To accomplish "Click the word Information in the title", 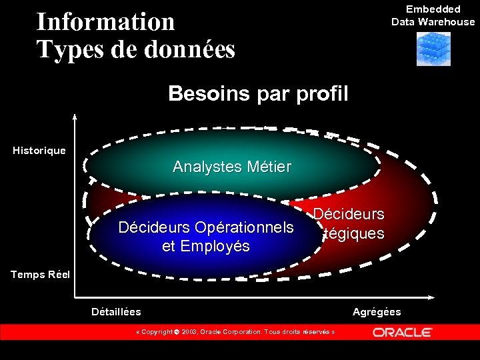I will pos(105,21).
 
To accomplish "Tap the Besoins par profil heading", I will pos(258,93).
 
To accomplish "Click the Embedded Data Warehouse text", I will pos(433,15).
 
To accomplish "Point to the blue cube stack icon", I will pos(433,49).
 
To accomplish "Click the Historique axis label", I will pos(39,151).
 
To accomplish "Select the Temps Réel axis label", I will pos(39,274).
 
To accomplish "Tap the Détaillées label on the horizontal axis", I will pos(116,311).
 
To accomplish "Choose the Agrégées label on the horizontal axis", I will pos(377,312).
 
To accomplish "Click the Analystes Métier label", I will pos(231,167).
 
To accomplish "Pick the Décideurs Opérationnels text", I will pos(205,228).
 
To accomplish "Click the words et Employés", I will pos(205,247).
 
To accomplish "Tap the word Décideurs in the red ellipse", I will pos(349,215).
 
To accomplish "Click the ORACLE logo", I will pos(402,332).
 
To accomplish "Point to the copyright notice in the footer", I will pos(235,332).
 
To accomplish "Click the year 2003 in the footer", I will pos(189,332).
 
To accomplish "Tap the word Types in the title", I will pos(65,49).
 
